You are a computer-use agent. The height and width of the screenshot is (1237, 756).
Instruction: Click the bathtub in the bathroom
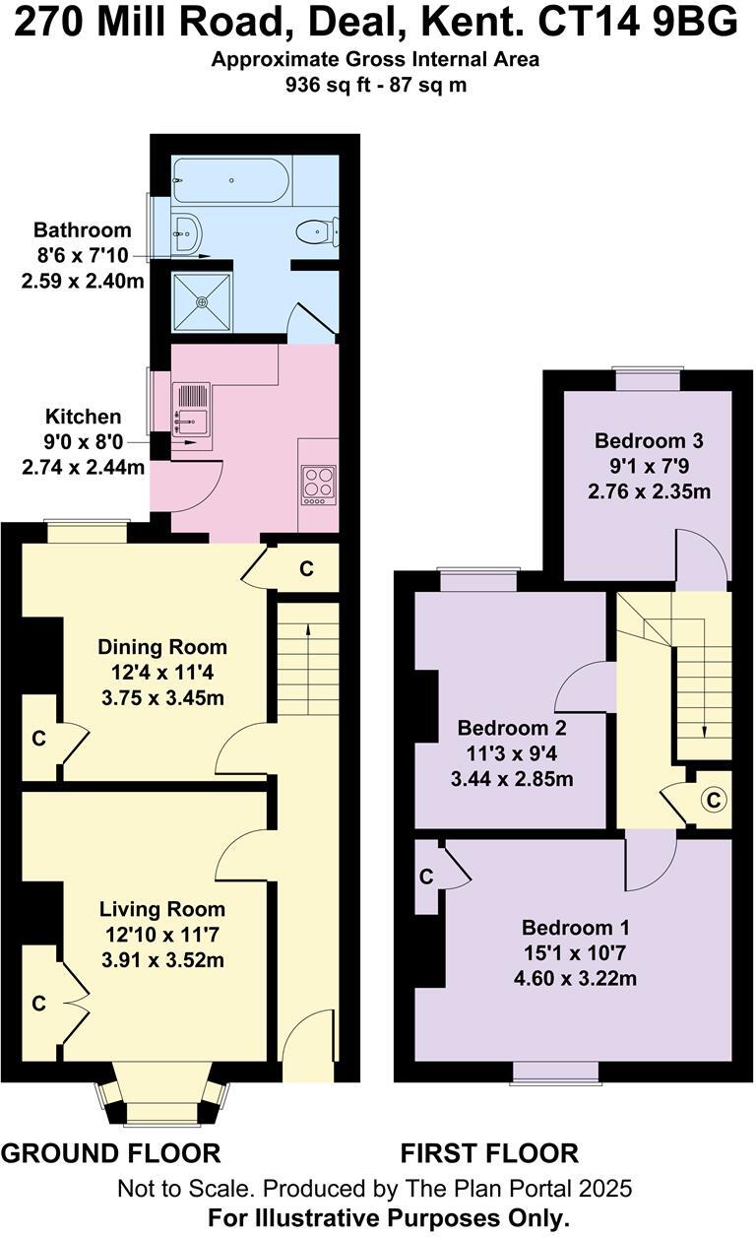(x=230, y=180)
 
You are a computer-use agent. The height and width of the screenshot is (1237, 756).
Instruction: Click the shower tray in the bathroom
(x=202, y=303)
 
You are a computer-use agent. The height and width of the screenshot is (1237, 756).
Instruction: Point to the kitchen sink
(x=190, y=409)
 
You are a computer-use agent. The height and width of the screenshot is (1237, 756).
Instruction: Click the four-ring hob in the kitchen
(x=318, y=484)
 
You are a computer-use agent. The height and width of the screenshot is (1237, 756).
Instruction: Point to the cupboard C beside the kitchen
(x=306, y=569)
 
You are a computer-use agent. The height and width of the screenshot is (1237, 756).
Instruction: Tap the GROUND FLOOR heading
(x=110, y=1152)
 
